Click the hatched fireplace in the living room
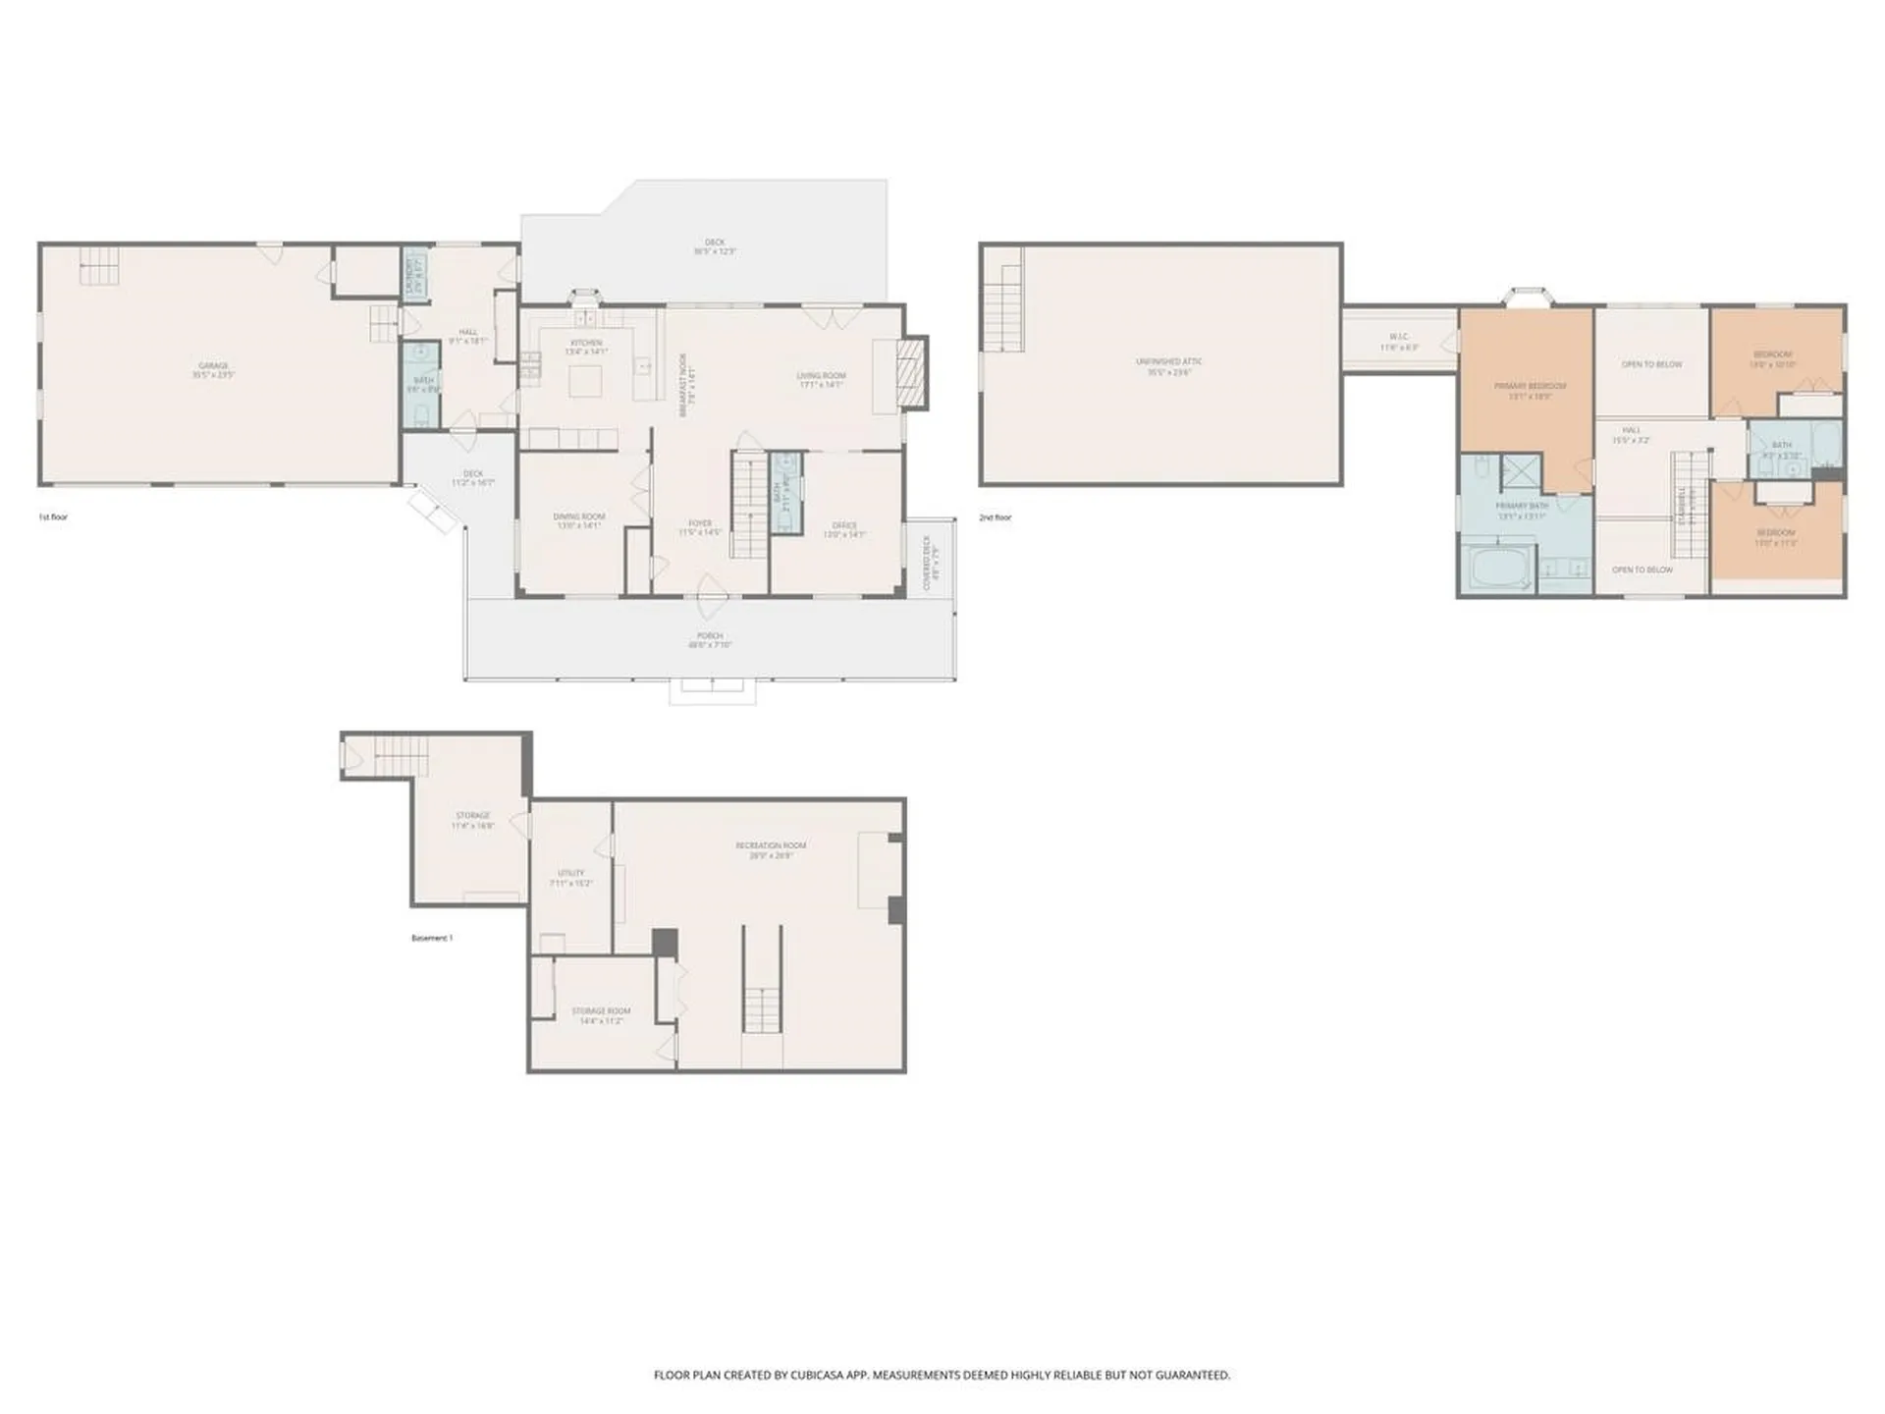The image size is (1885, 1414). (x=914, y=372)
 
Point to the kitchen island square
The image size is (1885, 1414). (x=586, y=380)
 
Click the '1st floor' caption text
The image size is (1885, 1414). (x=53, y=517)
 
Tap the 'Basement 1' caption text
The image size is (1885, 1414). (x=432, y=938)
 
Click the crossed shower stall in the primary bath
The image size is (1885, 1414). (x=1519, y=471)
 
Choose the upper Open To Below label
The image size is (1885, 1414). (x=1651, y=364)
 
